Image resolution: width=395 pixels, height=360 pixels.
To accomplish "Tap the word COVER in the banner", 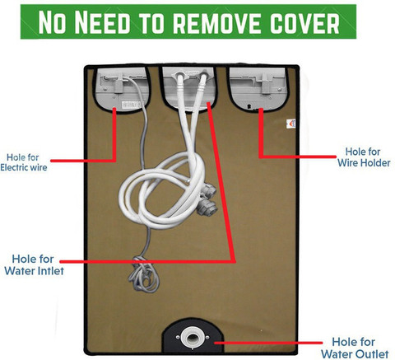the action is coord(304,22).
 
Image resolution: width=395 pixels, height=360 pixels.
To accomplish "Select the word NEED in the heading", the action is coord(102,22).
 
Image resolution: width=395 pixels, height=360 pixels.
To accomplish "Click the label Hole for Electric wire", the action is coord(24,162).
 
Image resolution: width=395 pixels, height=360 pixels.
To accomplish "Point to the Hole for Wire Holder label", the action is coord(364,157).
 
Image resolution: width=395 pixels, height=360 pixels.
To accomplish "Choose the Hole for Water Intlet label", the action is coord(34,264).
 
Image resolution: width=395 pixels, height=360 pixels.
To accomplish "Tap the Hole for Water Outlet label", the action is coord(355,348).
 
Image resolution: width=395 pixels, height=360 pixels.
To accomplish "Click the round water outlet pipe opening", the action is coord(193,338).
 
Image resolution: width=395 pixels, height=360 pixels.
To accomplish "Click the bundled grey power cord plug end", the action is coord(143,274).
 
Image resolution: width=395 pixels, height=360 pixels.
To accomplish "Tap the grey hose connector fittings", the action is coord(207,200).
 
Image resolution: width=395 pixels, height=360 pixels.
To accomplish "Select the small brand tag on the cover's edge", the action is coord(291,124).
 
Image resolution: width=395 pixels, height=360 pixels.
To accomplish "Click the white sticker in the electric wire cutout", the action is coord(132,105).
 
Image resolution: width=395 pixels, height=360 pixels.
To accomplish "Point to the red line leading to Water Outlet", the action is coord(268,343).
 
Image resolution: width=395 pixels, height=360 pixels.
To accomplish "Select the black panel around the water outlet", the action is coord(193,335).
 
